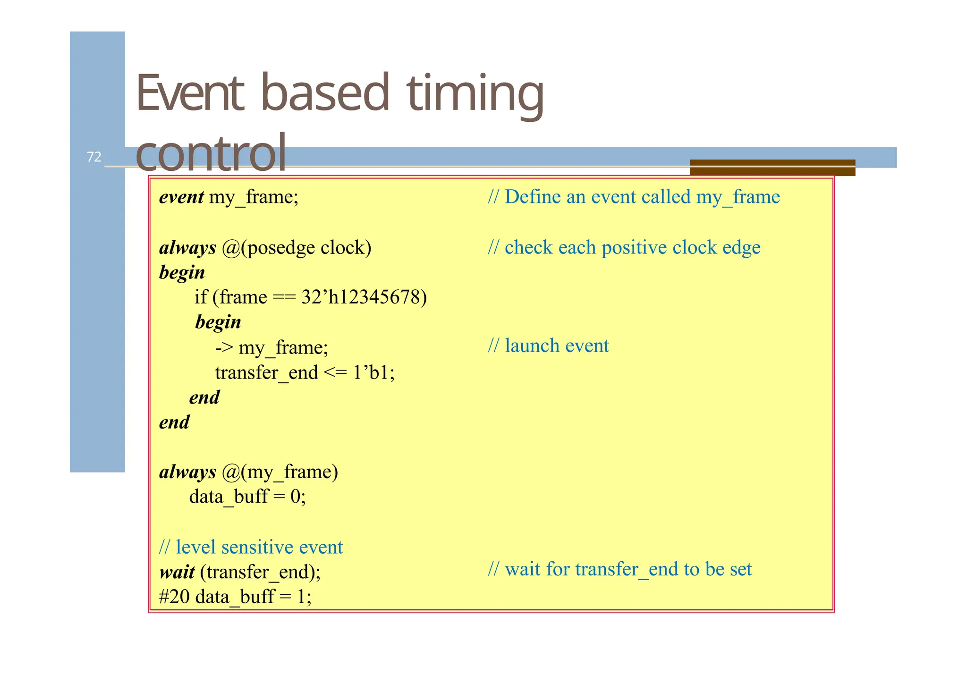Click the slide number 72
(94, 157)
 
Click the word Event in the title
(190, 93)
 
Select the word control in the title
(211, 153)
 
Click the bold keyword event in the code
(181, 197)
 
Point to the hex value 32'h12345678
(364, 297)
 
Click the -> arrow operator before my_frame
(224, 347)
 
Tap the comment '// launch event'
(548, 346)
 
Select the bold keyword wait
(177, 572)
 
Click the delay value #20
(174, 597)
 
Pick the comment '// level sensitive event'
(251, 547)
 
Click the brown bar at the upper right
(772, 167)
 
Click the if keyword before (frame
(201, 297)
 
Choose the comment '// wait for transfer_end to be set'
(619, 569)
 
